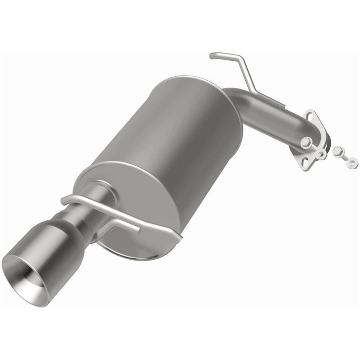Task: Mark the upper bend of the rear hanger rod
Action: [238, 57]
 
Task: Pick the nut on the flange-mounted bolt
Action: [321, 154]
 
